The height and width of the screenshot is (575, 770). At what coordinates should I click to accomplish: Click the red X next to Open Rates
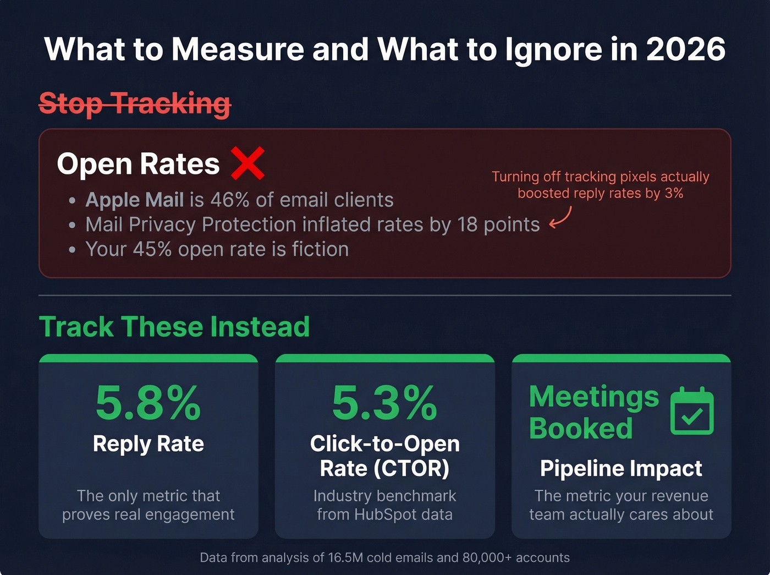248,163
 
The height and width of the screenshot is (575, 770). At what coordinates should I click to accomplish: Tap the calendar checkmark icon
692,412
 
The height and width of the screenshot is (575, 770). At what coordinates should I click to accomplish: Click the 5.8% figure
148,403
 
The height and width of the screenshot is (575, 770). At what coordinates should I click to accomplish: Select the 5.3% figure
384,403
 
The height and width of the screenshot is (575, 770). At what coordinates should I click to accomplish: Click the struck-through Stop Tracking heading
135,103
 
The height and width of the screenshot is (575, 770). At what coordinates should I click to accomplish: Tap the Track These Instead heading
174,327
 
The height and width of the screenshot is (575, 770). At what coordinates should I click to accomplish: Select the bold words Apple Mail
134,200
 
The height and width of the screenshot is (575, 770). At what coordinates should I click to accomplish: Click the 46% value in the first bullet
229,200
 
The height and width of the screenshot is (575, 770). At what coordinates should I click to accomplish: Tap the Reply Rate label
148,443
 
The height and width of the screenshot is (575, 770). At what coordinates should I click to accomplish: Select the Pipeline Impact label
621,468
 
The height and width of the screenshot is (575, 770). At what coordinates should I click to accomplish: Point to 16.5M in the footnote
345,557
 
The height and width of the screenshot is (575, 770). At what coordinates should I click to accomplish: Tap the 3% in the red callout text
673,193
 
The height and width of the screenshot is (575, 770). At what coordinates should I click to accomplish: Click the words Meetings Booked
593,412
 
